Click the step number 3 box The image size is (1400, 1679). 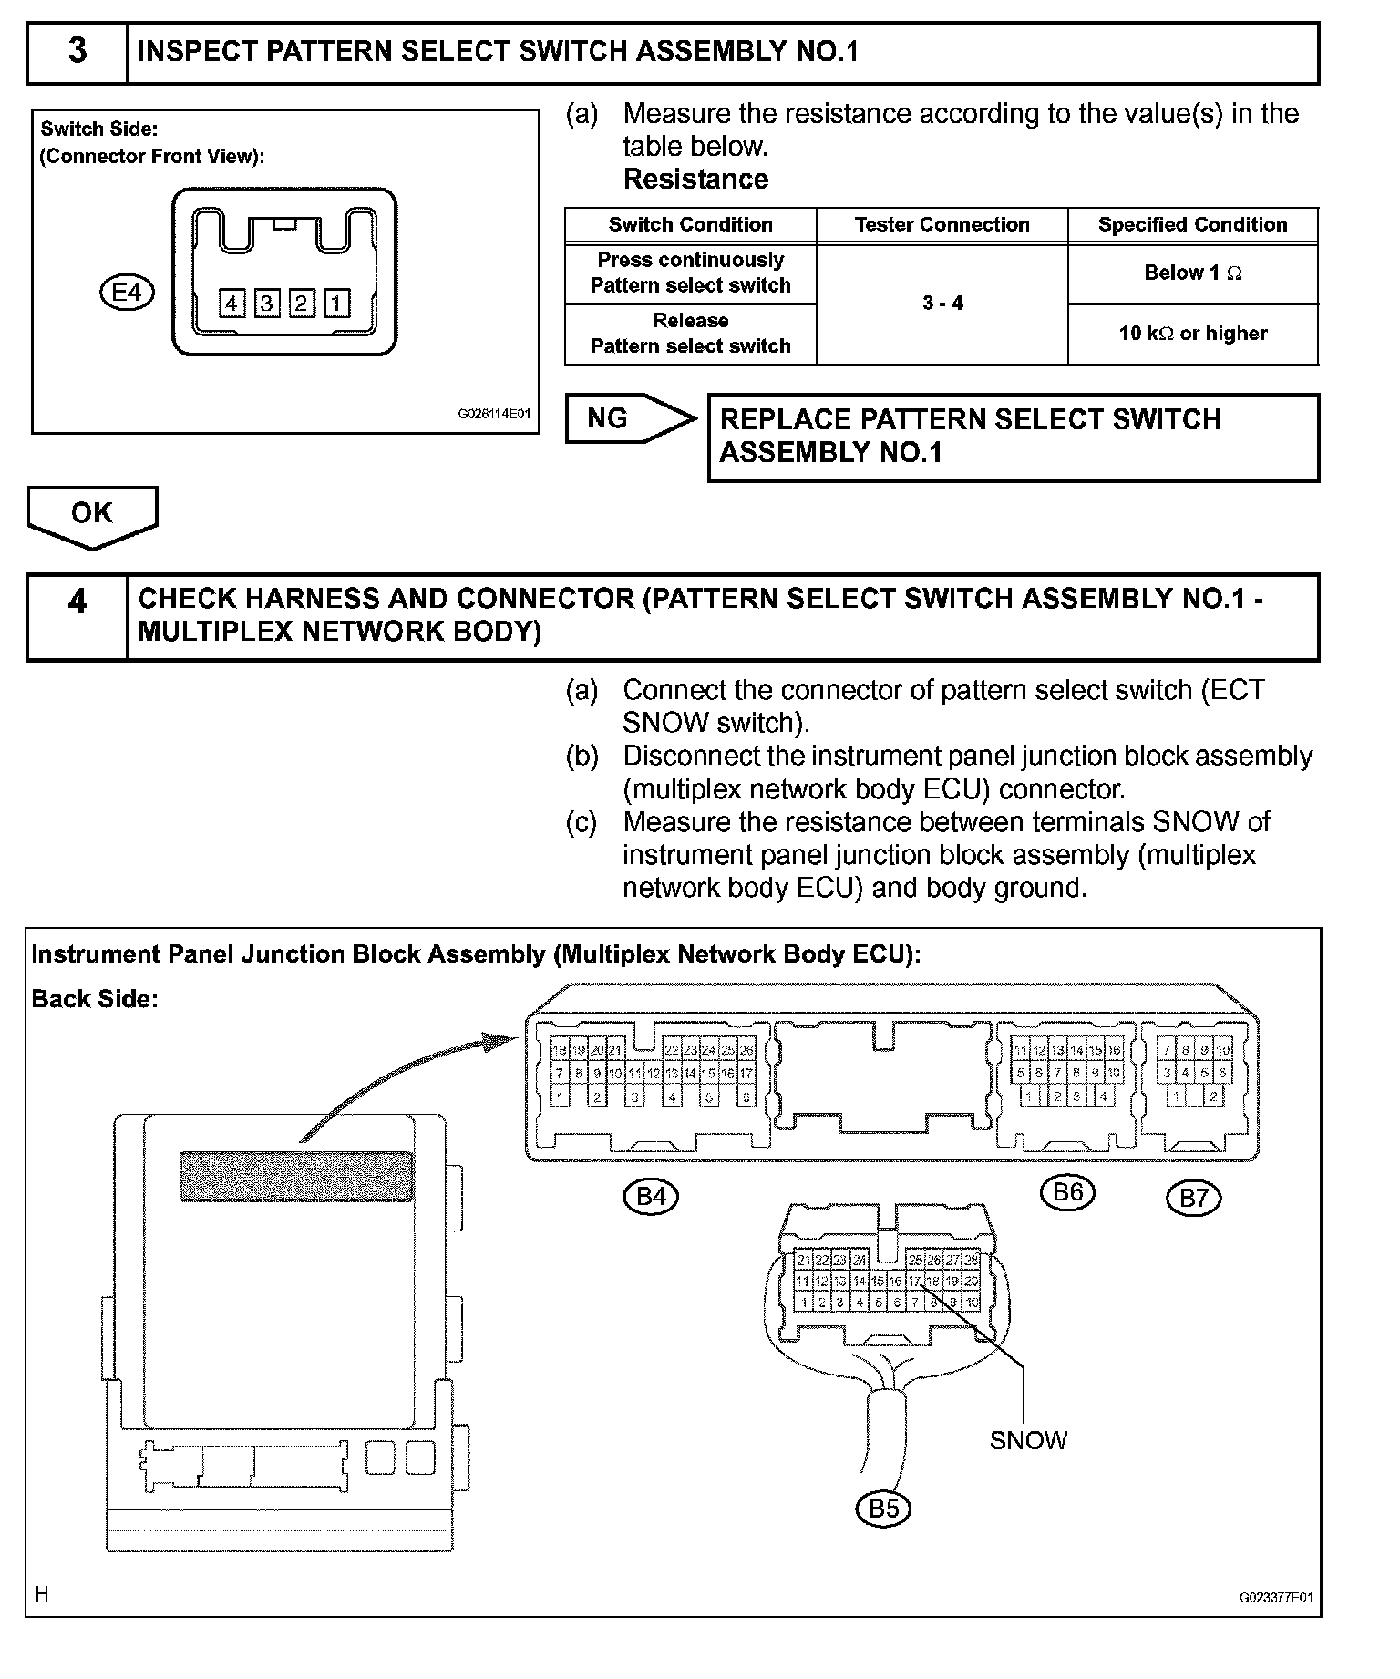(77, 52)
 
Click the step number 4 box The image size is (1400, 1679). (77, 617)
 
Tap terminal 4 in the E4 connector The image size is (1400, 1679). (232, 303)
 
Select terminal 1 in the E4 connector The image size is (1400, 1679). (335, 303)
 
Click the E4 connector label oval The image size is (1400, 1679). (127, 294)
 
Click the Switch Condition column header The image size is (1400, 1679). (690, 225)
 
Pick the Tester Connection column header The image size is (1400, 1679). (942, 225)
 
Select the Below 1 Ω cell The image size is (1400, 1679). (1192, 273)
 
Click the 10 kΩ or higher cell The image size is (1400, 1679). (1192, 334)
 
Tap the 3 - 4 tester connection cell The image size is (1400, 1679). (942, 304)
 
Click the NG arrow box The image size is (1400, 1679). (629, 418)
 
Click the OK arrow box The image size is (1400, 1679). (92, 514)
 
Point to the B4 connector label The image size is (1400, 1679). (651, 1196)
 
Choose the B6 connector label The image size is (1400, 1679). (1067, 1192)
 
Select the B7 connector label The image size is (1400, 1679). (1193, 1198)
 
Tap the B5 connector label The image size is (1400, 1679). (883, 1509)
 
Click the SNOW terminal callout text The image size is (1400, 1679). (1028, 1440)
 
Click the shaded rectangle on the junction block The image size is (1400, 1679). (296, 1177)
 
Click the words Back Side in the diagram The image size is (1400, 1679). (95, 999)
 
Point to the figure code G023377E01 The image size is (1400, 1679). (1275, 1598)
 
